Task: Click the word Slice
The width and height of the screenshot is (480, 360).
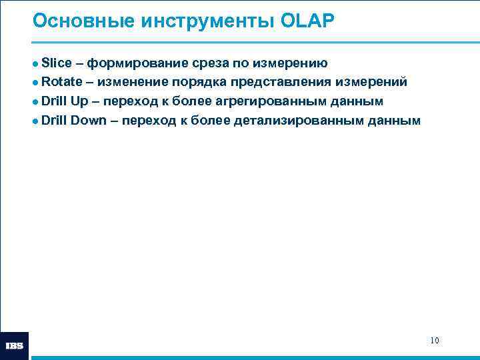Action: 57,63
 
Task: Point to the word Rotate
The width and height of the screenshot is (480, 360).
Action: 62,82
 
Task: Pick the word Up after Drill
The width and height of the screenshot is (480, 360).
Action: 79,101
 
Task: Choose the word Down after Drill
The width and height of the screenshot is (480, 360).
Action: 88,121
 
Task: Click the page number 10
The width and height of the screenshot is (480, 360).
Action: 434,341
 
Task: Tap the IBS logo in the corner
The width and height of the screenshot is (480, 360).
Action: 15,346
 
